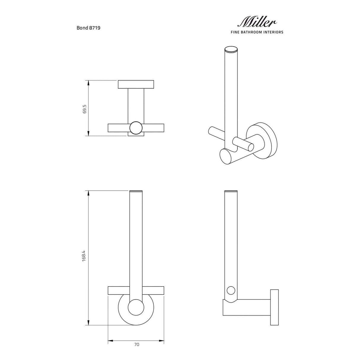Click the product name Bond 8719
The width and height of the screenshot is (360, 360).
point(88,28)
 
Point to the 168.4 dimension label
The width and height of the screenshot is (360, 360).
point(84,256)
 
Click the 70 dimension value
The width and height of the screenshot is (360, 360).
point(136,345)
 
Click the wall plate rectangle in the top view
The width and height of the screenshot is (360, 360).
point(136,84)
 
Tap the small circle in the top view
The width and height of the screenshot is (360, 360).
point(136,128)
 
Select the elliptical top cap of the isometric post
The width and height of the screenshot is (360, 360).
point(231,50)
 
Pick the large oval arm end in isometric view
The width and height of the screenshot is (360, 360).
point(227,157)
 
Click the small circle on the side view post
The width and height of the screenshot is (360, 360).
point(230,290)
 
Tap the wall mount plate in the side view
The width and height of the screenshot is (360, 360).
point(274,307)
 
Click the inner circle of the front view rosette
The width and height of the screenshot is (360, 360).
point(136,307)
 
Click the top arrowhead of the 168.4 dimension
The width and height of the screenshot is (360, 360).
point(88,193)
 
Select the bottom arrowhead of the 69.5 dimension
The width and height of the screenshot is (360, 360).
point(88,133)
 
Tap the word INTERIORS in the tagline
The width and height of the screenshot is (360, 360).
point(272,32)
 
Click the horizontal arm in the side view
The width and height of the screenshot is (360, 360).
point(249,307)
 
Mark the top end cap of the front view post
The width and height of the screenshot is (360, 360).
point(136,191)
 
